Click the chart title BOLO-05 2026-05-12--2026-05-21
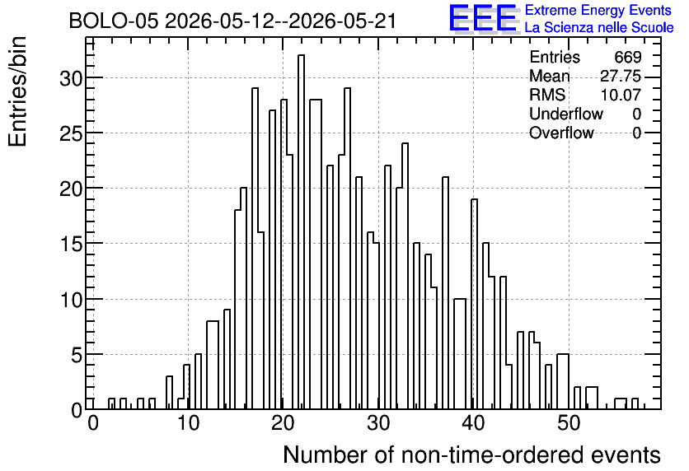[x=233, y=21]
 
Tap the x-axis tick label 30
[x=378, y=423]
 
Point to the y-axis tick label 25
[x=71, y=133]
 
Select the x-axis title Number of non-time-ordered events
[x=472, y=455]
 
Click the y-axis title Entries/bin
[x=17, y=91]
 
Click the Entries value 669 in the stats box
[x=628, y=57]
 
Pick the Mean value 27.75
[x=621, y=76]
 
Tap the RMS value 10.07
[x=621, y=95]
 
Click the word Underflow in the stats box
[x=566, y=114]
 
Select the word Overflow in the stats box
[x=561, y=133]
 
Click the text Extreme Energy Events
[x=598, y=10]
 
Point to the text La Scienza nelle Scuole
[x=599, y=28]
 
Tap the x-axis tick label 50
[x=569, y=423]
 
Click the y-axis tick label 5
[x=77, y=355]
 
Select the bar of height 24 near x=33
[x=405, y=276]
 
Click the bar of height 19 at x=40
[x=474, y=304]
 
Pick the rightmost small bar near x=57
[x=635, y=403]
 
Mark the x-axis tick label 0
[x=92, y=423]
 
